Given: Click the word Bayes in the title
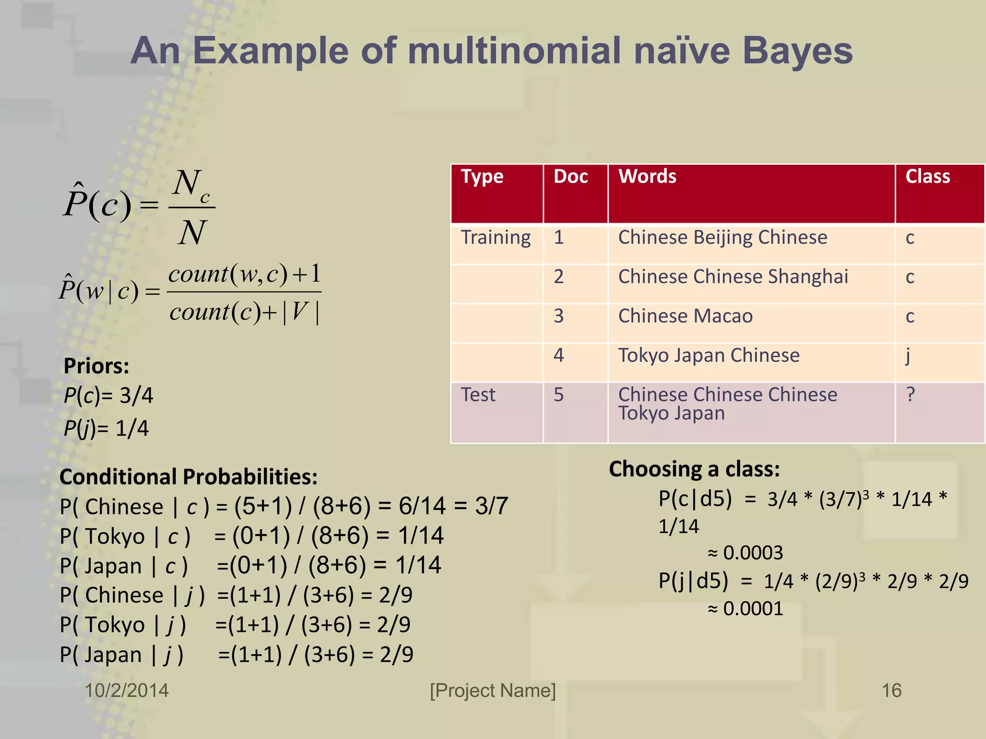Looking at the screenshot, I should (x=797, y=52).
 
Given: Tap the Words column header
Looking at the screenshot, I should (x=647, y=177).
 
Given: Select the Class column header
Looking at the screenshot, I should (x=927, y=177).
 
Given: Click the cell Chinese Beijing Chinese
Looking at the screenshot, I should (x=722, y=238).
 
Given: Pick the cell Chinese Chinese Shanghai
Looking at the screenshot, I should (x=733, y=277).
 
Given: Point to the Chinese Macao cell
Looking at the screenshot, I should (x=685, y=317).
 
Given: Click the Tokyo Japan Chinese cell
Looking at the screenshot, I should (x=709, y=356).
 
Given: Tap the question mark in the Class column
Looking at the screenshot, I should (x=910, y=395).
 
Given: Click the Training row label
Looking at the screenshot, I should (x=496, y=238).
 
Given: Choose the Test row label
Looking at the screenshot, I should (x=478, y=395).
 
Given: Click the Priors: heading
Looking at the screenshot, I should (x=96, y=366).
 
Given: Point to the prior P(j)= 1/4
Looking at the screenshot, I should (x=106, y=428).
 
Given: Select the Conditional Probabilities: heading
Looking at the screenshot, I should (x=188, y=477).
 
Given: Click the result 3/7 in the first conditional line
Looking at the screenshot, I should (x=491, y=506).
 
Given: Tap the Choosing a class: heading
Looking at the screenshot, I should (x=694, y=469).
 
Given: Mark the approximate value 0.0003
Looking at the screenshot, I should (x=752, y=553).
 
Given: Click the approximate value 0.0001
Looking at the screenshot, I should (x=752, y=609).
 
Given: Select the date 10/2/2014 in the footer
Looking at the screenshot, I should (x=127, y=690).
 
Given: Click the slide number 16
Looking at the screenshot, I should (x=891, y=690).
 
